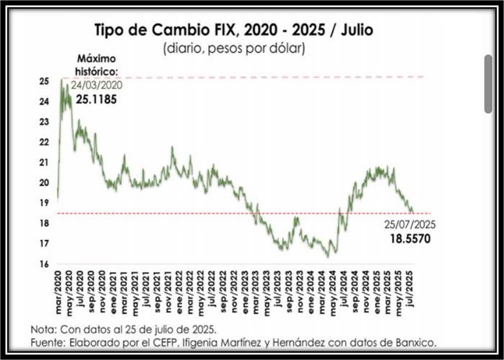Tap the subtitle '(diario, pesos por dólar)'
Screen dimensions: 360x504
tap(235, 48)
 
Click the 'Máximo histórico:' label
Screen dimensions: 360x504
tap(96, 64)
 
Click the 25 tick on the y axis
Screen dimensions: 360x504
tap(44, 81)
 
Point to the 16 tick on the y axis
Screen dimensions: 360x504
tap(44, 264)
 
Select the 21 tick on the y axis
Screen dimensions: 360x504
tap(44, 162)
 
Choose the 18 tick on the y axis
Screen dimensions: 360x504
tap(44, 223)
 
